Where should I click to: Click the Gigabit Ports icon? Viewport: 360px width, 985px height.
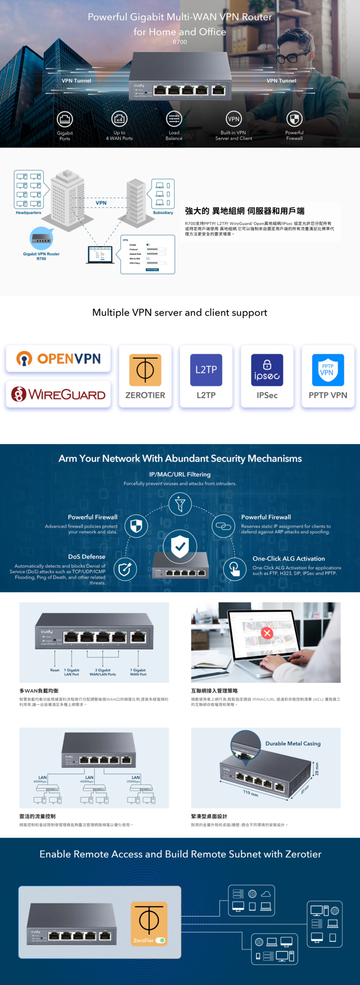65,119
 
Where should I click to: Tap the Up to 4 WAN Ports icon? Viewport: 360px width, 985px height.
119,119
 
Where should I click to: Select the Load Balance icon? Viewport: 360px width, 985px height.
174,119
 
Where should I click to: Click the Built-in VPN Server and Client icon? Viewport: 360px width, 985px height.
233,119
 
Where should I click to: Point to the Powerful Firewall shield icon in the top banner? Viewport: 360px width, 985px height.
294,119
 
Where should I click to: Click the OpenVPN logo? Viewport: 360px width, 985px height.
58,359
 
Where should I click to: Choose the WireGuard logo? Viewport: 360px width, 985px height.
58,394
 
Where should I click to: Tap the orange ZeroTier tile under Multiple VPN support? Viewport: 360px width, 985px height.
145,370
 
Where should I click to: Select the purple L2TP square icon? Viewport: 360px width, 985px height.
206,370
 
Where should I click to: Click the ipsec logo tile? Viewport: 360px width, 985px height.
267,370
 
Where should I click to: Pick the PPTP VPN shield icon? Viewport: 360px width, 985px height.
328,370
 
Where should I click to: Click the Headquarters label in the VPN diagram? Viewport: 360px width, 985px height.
28,213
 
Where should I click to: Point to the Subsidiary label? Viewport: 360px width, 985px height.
163,213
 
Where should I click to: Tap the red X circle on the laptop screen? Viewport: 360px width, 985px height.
267,633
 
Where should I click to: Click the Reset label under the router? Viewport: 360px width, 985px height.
55,670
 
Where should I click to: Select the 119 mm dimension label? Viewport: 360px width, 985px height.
250,793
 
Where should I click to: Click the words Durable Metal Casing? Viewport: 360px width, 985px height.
293,744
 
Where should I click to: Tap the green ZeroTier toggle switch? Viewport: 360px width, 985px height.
160,940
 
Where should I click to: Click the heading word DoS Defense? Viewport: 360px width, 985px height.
87,557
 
